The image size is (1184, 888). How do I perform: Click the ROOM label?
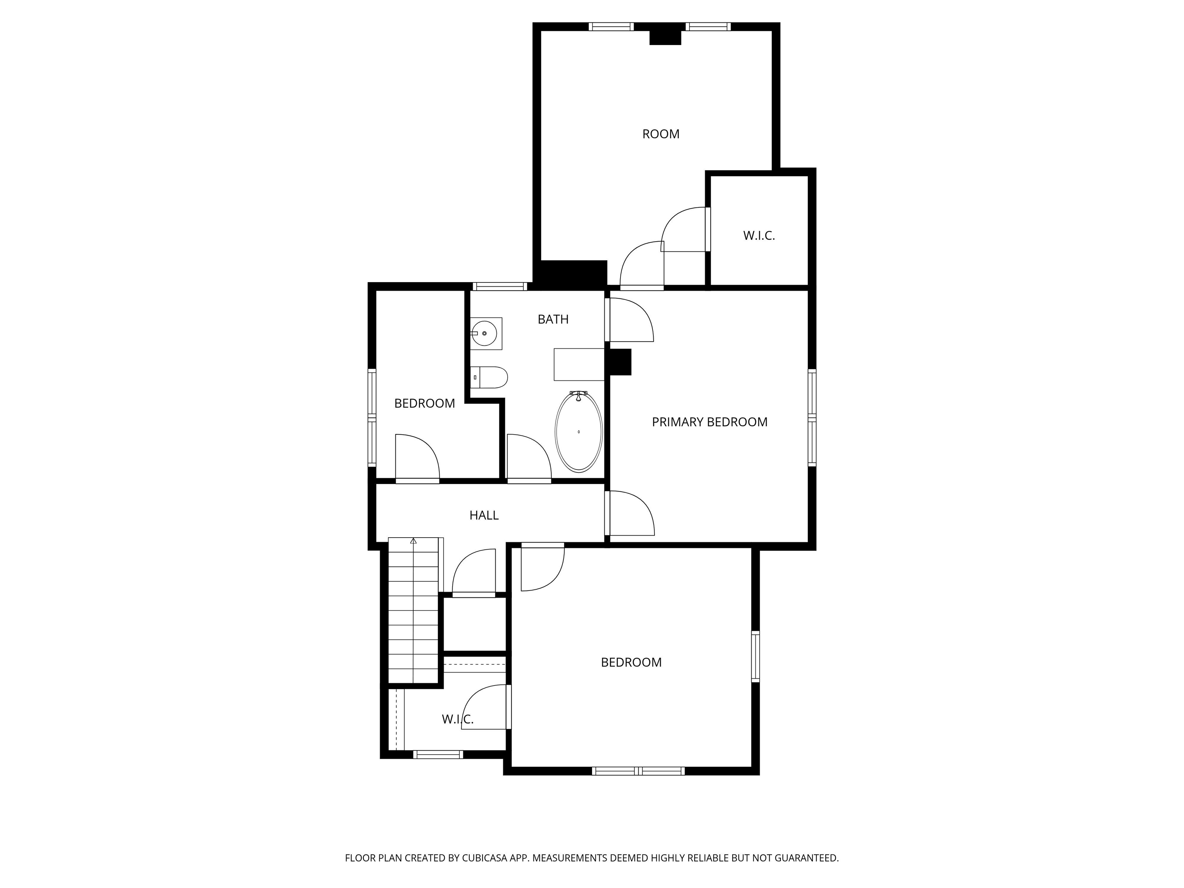[661, 134]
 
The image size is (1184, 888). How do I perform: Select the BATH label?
[553, 319]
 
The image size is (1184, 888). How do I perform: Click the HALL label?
[484, 515]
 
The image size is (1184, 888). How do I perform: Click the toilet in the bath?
[489, 377]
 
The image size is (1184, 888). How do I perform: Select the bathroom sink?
[486, 333]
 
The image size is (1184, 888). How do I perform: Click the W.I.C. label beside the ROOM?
[758, 235]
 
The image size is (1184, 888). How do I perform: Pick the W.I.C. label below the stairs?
[457, 720]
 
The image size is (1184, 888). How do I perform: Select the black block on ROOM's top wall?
[665, 37]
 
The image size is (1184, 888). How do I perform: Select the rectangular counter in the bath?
[579, 365]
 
